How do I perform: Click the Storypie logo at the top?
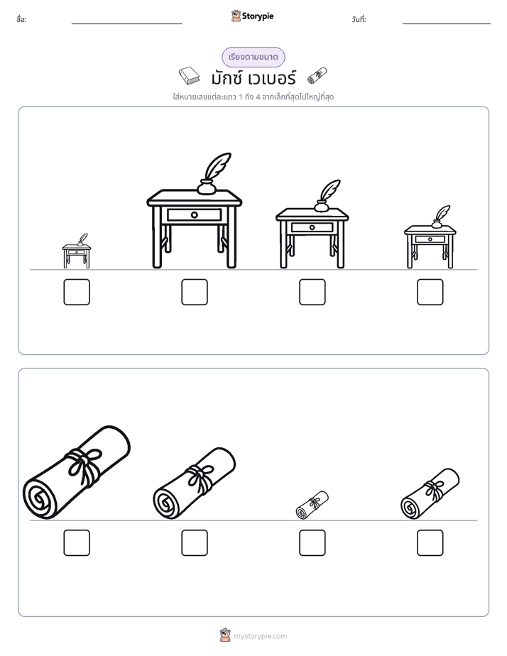(x=252, y=16)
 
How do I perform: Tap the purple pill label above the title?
(x=253, y=57)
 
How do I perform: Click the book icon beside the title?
(x=189, y=76)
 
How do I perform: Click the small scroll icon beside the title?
(x=317, y=75)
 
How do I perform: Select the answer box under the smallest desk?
(x=77, y=292)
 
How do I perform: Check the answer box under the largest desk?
(x=195, y=292)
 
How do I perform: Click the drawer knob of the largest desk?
(x=194, y=215)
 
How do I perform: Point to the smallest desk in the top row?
(x=77, y=251)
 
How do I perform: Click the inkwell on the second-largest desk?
(x=321, y=207)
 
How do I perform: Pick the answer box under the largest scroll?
(x=77, y=543)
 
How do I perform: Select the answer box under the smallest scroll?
(x=312, y=543)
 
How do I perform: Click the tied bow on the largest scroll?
(x=85, y=464)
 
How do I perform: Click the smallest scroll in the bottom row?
(x=312, y=505)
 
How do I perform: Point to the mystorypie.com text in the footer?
(x=260, y=636)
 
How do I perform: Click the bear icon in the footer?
(x=225, y=635)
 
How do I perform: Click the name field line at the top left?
(x=126, y=24)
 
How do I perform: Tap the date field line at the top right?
(x=447, y=24)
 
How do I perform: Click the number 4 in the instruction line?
(x=258, y=97)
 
